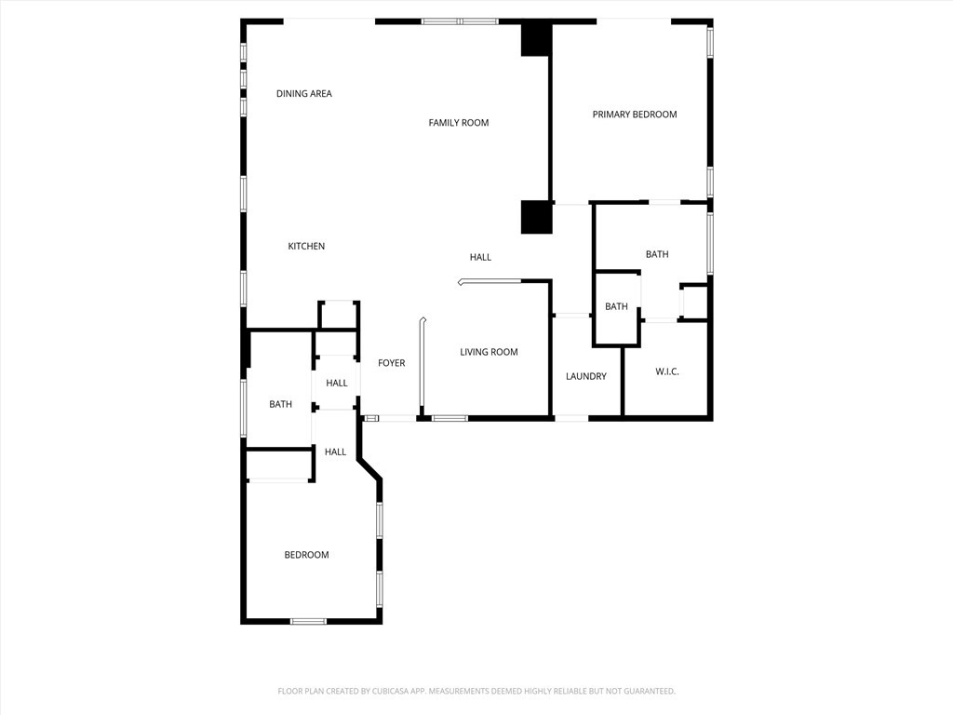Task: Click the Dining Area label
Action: (304, 94)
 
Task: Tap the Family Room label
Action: (458, 123)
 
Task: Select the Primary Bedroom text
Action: (635, 115)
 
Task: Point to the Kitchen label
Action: (306, 246)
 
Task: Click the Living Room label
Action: (489, 352)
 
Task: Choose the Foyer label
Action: (392, 363)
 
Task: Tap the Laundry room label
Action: (586, 376)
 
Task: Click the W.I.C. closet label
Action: (666, 371)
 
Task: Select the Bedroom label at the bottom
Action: (306, 555)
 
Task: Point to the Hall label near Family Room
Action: (480, 257)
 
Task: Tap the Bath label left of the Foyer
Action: (280, 404)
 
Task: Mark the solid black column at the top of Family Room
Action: (535, 39)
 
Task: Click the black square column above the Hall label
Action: (537, 217)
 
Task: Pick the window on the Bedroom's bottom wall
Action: (308, 621)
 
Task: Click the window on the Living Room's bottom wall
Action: (450, 418)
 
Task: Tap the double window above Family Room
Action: (460, 21)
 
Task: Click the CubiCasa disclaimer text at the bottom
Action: (476, 692)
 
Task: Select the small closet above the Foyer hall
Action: (339, 315)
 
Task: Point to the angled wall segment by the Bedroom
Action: (369, 468)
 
